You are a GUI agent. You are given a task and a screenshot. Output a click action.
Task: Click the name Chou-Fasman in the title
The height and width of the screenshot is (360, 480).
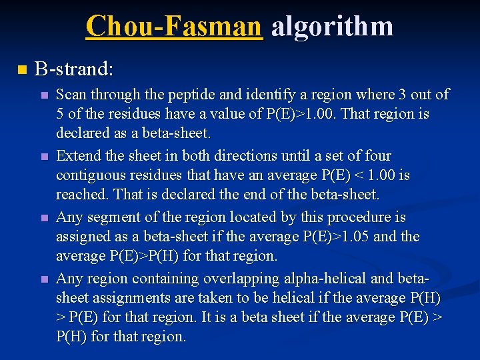pos(174,26)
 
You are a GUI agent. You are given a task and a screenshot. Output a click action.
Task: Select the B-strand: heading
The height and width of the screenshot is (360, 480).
pos(74,69)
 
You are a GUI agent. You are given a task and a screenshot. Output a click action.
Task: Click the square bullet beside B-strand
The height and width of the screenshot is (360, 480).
pos(21,69)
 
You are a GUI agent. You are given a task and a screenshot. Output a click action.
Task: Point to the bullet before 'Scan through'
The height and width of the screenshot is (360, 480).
pos(44,95)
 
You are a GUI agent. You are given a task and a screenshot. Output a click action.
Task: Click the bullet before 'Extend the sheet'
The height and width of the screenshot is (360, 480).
pos(44,157)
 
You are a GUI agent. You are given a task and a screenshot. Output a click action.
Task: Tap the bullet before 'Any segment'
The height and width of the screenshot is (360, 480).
pos(44,219)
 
